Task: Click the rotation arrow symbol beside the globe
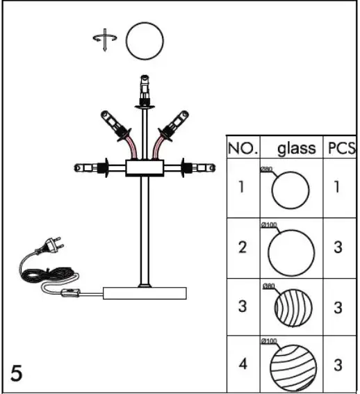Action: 101,41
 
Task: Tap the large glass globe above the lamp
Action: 145,42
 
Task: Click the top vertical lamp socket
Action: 145,88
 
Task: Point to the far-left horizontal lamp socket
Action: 85,167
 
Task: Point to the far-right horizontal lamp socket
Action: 204,167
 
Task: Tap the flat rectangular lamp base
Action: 145,293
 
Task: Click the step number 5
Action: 17,373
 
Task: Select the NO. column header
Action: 243,148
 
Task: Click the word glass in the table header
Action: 297,148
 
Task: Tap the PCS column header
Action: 341,148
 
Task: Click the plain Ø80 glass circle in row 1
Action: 290,190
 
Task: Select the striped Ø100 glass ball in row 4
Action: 292,366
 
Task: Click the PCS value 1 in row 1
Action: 338,188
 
